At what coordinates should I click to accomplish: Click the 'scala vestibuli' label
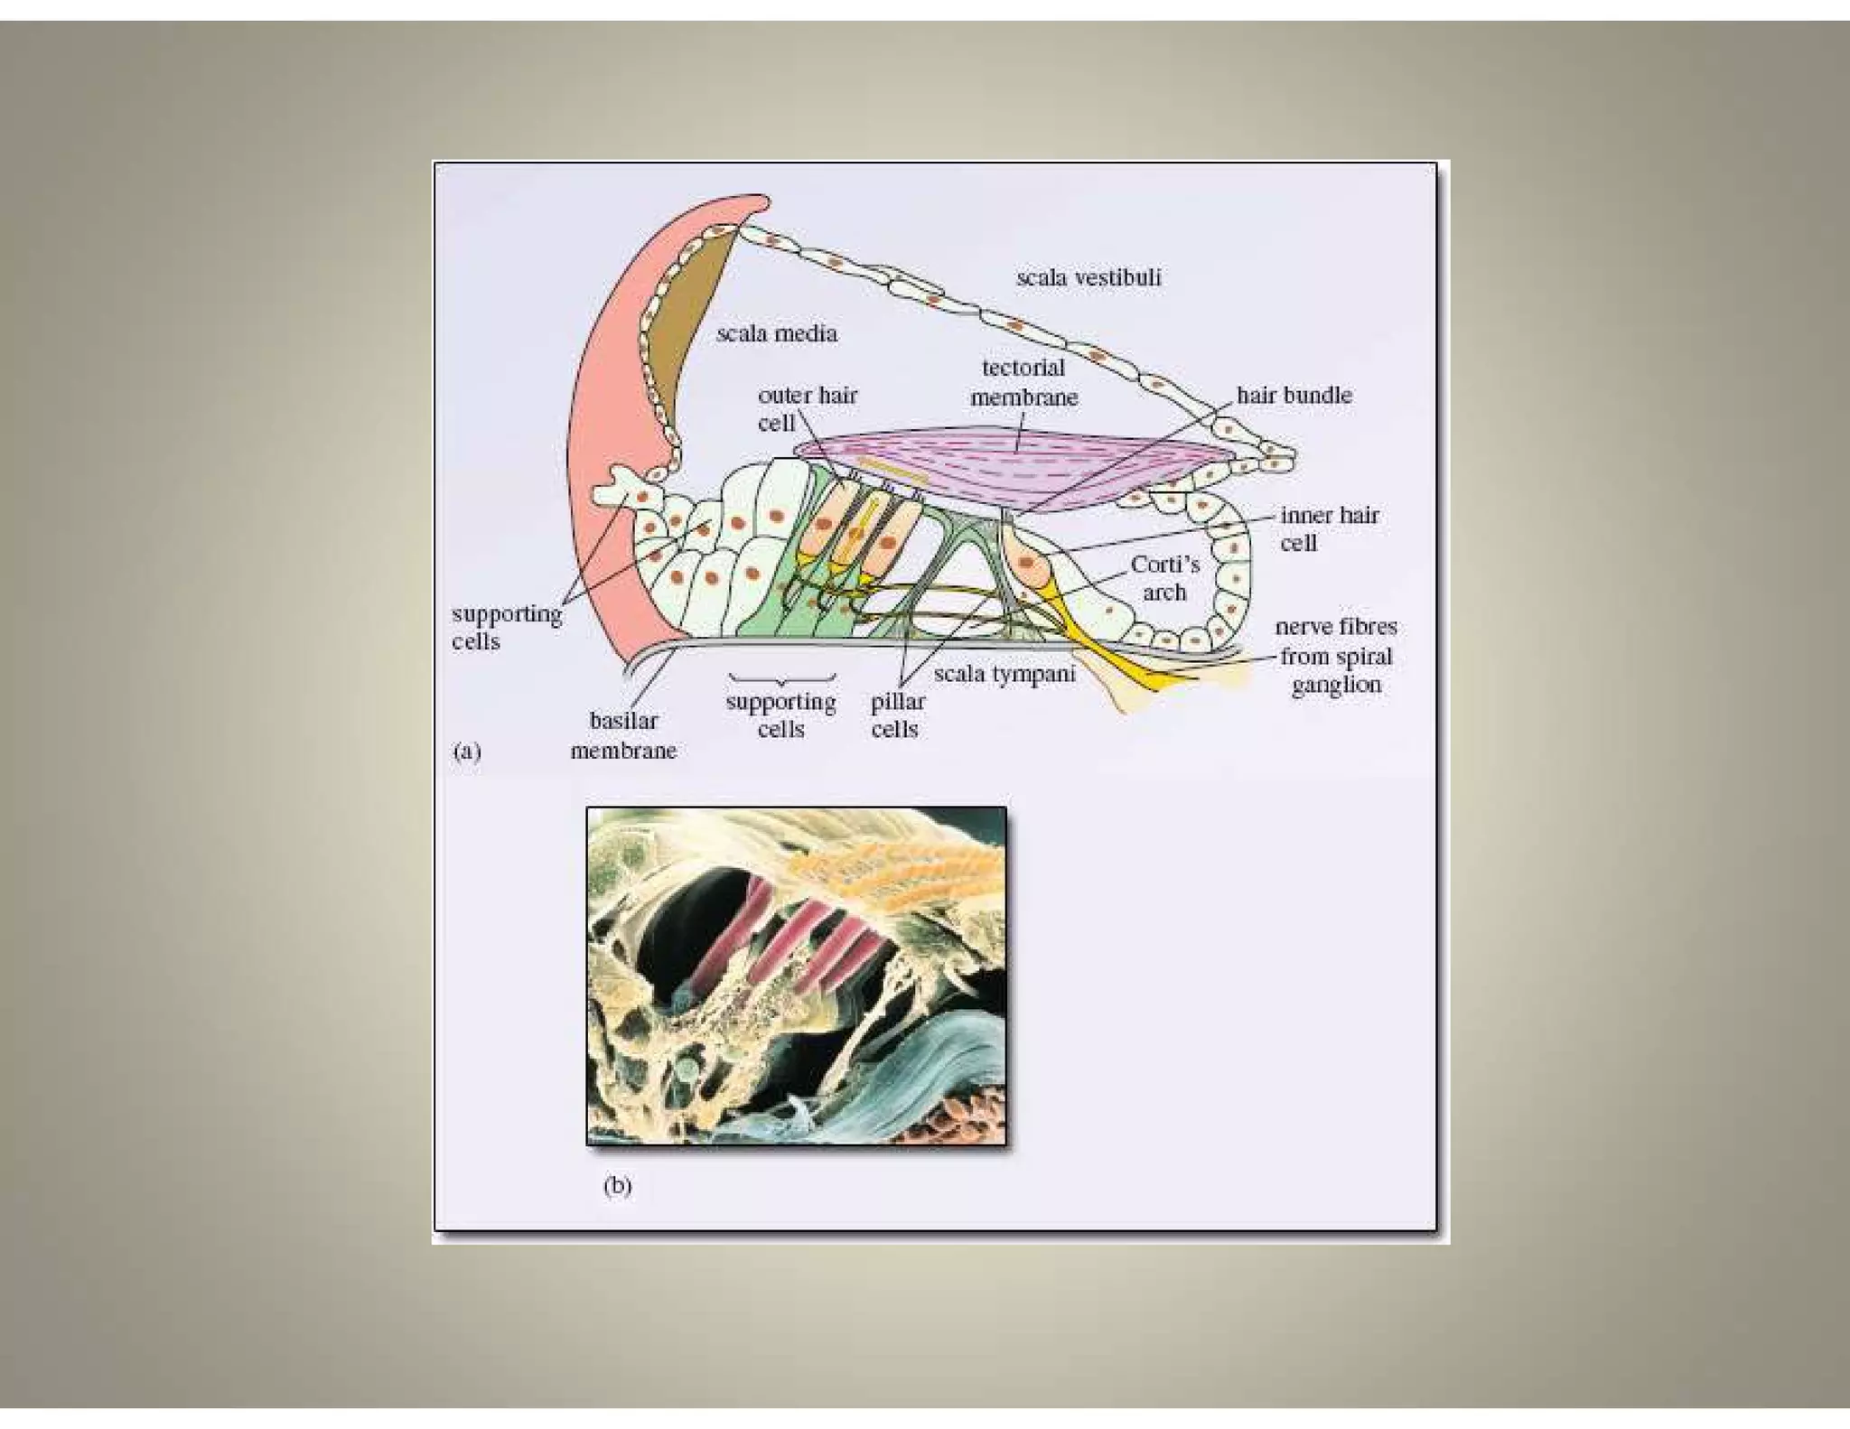[1089, 277]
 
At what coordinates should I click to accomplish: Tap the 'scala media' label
[777, 334]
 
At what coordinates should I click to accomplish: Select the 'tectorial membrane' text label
[1023, 382]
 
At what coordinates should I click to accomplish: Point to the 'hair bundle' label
[1294, 396]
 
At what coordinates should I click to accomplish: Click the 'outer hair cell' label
[807, 408]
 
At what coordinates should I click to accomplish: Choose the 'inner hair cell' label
[1329, 529]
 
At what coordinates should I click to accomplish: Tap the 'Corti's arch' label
[1164, 578]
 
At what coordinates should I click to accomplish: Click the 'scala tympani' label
[1004, 674]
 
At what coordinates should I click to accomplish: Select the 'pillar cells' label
[897, 715]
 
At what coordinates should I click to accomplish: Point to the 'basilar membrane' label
[623, 735]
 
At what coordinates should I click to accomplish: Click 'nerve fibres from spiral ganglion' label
[1336, 656]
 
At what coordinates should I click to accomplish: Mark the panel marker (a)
[467, 752]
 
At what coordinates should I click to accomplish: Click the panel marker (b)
[617, 1185]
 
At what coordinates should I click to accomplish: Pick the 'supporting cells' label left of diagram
[506, 627]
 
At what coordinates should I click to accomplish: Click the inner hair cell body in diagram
[1027, 562]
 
